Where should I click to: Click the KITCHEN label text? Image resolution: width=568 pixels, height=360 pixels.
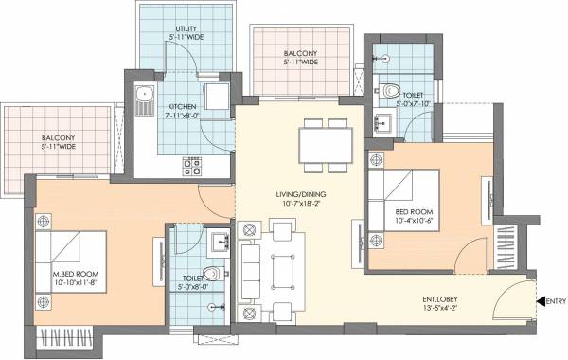point(181,107)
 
